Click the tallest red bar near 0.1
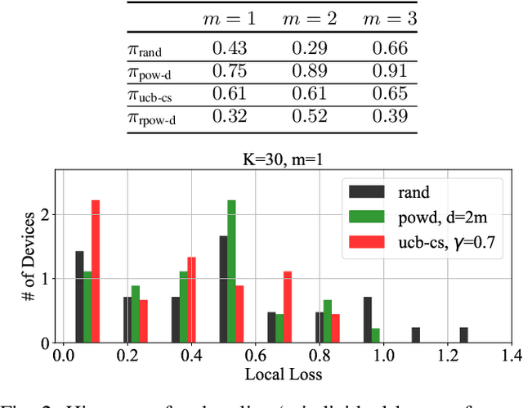(x=96, y=271)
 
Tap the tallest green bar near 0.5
(x=231, y=271)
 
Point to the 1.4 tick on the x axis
(x=512, y=356)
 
